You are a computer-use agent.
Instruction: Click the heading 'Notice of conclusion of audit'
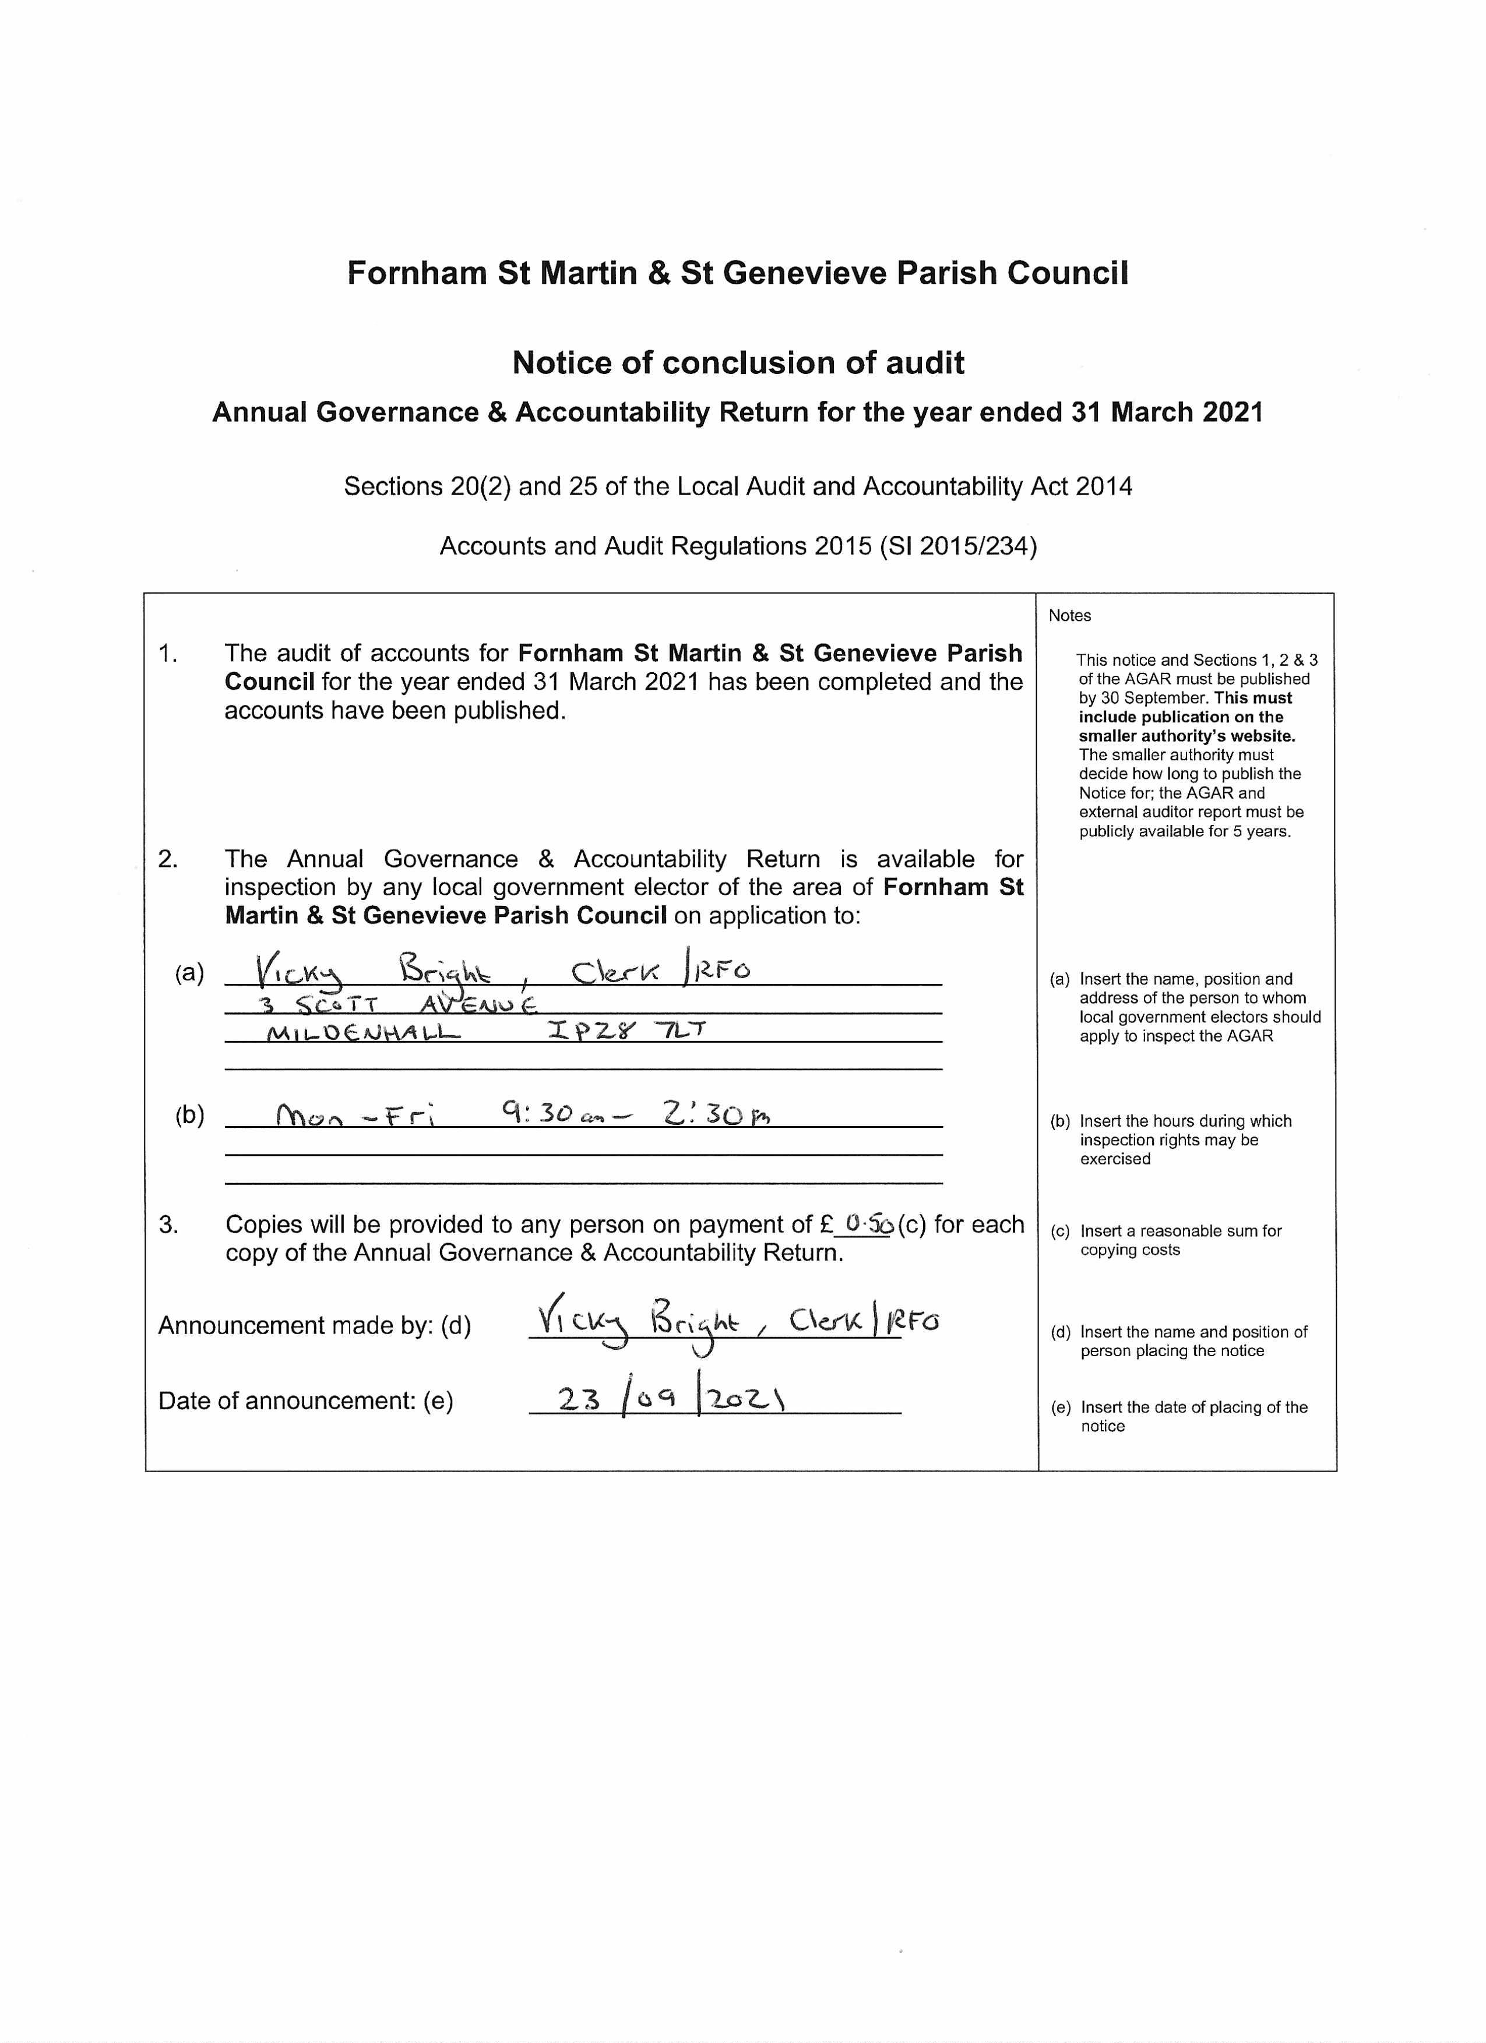[738, 363]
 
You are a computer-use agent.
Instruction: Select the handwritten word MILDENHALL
[363, 1033]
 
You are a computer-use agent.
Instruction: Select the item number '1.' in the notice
[168, 653]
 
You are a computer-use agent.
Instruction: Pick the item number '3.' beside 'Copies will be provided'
[168, 1224]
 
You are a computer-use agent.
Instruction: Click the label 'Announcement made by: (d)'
[315, 1325]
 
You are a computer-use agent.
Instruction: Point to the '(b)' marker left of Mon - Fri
[189, 1116]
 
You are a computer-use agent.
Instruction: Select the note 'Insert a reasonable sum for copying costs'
[1179, 1240]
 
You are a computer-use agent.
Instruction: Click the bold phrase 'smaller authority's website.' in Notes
[1187, 736]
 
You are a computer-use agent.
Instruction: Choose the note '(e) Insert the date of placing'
[1179, 1416]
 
